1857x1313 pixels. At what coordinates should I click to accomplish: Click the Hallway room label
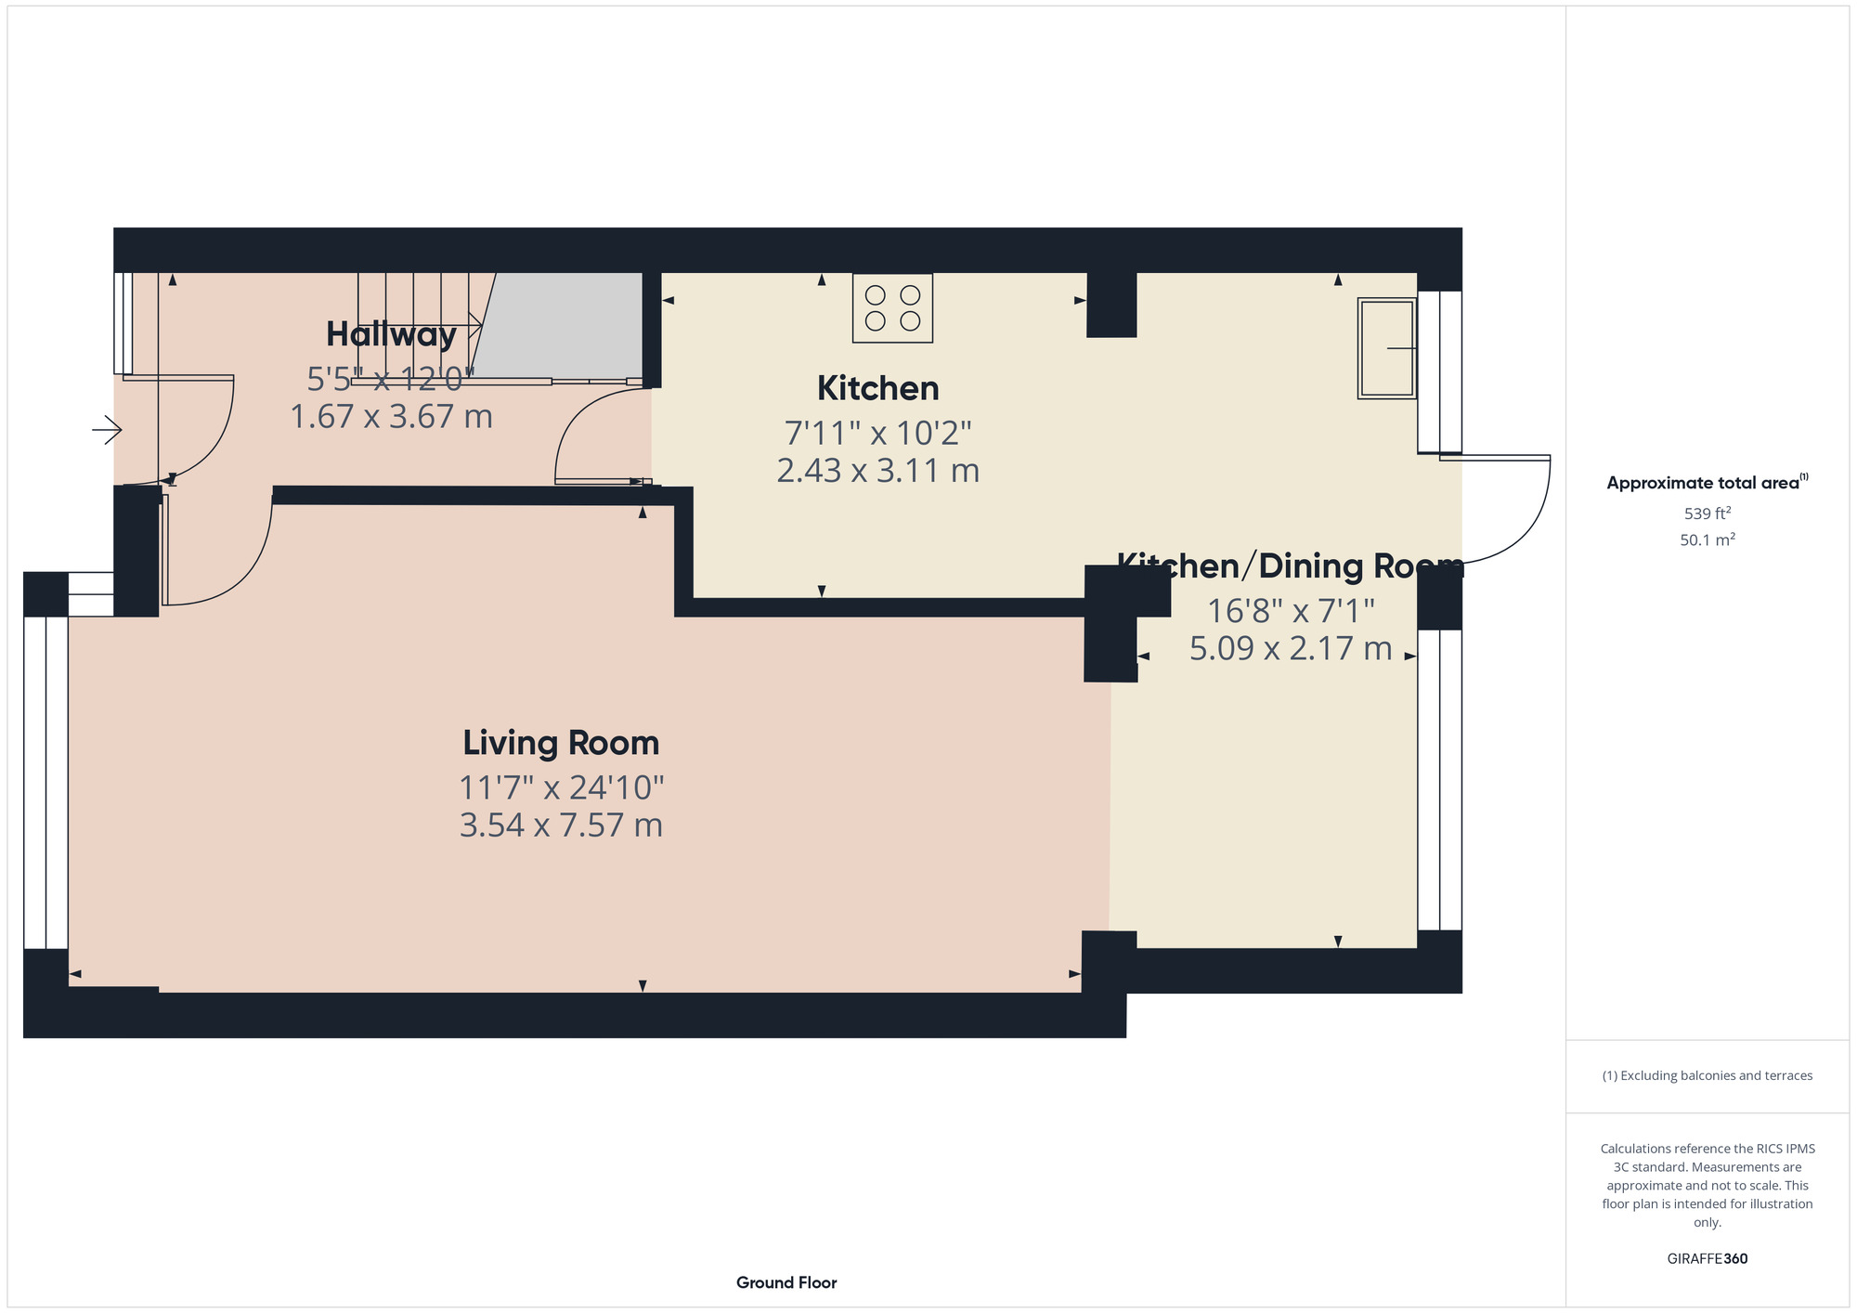(391, 334)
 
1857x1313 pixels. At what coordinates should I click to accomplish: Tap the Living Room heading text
(561, 743)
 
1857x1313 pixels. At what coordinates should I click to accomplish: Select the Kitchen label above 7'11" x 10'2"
(878, 388)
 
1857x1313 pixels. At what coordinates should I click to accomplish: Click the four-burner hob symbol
(892, 308)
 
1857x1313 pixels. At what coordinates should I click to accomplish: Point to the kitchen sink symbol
(1387, 348)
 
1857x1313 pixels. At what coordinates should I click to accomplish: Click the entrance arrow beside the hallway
(107, 430)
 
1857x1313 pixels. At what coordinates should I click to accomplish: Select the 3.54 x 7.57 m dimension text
(561, 825)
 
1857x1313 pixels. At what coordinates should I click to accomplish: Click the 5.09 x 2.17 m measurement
(1291, 648)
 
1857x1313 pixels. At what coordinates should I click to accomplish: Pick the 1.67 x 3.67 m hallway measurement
(391, 416)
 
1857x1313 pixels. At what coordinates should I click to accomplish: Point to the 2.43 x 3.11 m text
(878, 471)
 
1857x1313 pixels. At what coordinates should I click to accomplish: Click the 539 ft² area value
(1708, 513)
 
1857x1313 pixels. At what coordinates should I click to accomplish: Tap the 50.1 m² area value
(1708, 539)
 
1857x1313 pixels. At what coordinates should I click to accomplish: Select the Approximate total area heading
(1708, 483)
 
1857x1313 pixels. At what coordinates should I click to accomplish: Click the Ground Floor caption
(786, 1282)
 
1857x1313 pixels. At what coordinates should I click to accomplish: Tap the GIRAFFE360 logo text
(1708, 1259)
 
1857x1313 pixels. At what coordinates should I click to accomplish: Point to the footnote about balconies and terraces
(1708, 1075)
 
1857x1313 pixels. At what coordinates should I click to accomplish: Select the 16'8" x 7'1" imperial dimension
(1291, 611)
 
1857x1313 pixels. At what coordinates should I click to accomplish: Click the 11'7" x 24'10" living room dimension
(561, 787)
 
